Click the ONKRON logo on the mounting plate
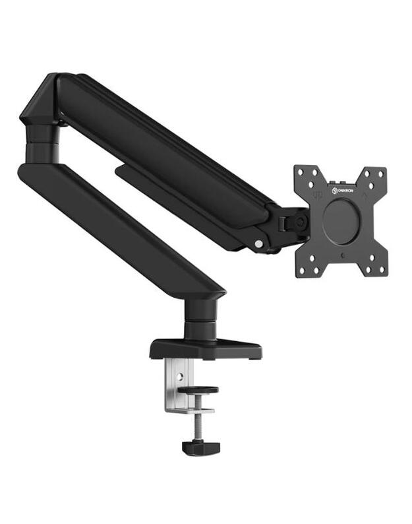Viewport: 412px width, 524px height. (x=345, y=191)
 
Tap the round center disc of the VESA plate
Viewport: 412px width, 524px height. (x=341, y=222)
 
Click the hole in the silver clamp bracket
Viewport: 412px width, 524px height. (x=177, y=378)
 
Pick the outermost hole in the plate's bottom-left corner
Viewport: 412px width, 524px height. (x=301, y=270)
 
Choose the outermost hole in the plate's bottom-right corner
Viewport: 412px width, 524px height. (x=380, y=270)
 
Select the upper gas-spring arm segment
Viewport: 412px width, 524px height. (x=165, y=152)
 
